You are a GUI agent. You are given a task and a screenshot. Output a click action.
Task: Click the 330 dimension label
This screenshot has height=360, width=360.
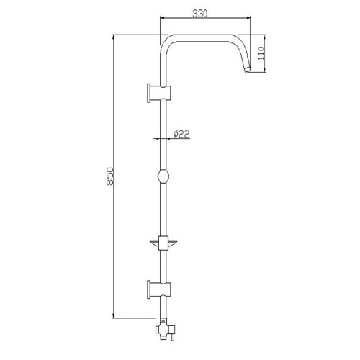199,14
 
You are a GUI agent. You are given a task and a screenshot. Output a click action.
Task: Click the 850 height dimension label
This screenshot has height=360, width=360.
109,176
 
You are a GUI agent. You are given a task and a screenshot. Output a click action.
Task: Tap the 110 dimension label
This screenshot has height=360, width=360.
261,53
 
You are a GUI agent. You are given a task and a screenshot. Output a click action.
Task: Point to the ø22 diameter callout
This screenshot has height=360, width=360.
181,134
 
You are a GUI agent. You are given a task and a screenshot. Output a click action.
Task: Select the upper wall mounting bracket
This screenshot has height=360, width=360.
159,94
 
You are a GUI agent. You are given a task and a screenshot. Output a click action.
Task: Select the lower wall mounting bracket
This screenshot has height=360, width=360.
159,289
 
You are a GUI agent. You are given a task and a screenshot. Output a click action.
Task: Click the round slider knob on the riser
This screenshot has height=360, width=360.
163,176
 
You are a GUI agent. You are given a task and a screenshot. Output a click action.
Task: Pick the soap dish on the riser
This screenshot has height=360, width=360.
163,243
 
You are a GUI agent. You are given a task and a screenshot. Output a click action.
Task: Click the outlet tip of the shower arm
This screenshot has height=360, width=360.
247,70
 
